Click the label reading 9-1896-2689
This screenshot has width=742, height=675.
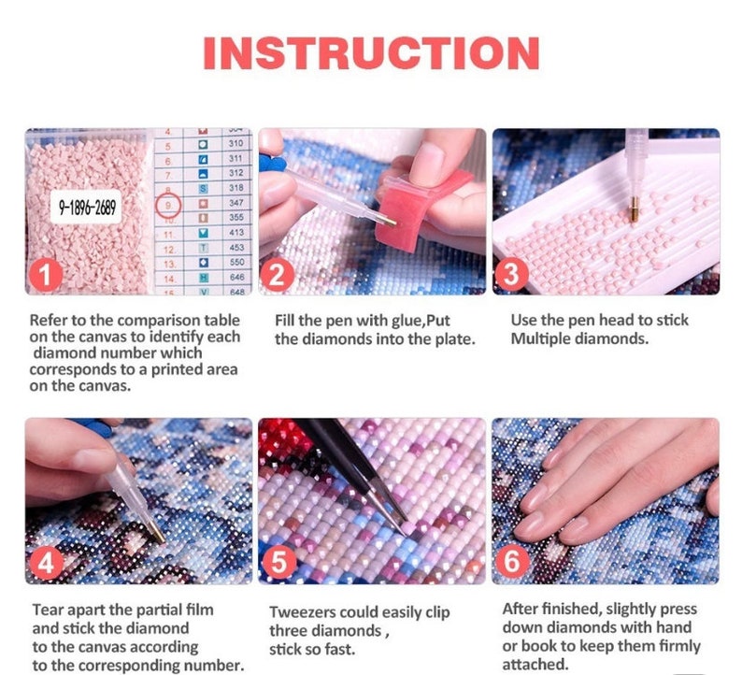pyautogui.click(x=89, y=208)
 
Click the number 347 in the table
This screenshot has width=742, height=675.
pyautogui.click(x=235, y=203)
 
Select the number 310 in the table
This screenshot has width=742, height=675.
pyautogui.click(x=235, y=144)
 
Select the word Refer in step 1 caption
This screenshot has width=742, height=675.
pyautogui.click(x=49, y=320)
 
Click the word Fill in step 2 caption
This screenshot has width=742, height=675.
pyautogui.click(x=287, y=321)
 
